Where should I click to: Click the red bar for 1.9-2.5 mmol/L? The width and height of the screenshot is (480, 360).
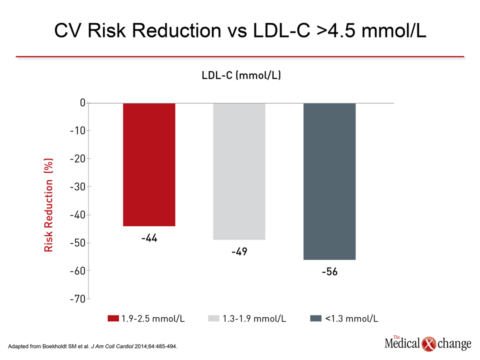(x=149, y=164)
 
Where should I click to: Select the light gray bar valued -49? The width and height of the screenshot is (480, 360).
(x=239, y=171)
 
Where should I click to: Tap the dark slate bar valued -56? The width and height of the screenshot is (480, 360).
(x=329, y=181)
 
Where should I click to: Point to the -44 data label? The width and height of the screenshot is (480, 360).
(x=149, y=238)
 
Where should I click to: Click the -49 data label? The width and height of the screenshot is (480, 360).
(x=239, y=251)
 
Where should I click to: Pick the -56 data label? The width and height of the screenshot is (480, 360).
(x=329, y=271)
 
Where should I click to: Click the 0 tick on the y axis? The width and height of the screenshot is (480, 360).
(x=82, y=103)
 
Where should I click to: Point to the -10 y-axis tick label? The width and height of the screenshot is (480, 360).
(x=78, y=130)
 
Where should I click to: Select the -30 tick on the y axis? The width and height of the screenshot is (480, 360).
(x=78, y=186)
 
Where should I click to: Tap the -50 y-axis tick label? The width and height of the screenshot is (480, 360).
(x=78, y=243)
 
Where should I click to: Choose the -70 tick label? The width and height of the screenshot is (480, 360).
(x=78, y=299)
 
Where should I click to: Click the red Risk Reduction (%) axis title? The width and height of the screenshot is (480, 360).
(x=48, y=205)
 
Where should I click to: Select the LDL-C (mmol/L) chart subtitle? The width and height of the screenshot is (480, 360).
(x=241, y=75)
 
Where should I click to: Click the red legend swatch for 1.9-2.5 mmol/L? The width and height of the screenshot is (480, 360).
(x=113, y=318)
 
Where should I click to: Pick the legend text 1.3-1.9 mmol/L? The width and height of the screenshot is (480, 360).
(x=254, y=318)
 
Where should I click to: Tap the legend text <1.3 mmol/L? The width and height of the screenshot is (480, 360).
(x=351, y=318)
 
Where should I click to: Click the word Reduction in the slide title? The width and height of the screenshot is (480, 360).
(x=176, y=30)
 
